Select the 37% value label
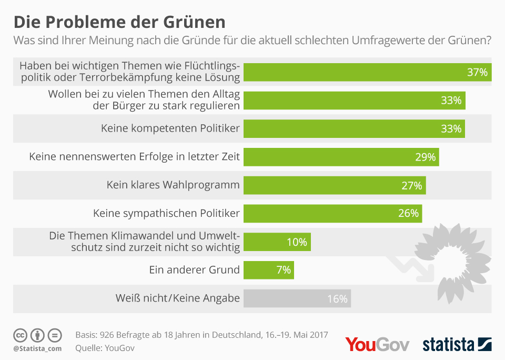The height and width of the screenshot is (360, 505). tap(477, 72)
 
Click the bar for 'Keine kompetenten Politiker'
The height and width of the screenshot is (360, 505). tap(353, 128)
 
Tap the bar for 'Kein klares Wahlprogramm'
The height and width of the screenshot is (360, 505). tap(334, 185)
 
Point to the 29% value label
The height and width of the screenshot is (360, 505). tap(425, 157)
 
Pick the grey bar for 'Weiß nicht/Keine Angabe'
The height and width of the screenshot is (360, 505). tap(297, 298)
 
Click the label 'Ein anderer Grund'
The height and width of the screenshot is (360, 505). tap(195, 270)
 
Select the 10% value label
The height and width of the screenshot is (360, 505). tap(297, 242)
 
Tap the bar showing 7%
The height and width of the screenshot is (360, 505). tap(268, 270)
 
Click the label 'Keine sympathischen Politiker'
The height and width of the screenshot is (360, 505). tap(166, 213)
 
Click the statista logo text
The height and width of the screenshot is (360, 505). tap(448, 345)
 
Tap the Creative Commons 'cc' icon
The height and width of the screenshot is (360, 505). tap(20, 335)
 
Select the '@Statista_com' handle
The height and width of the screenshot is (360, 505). tap(37, 348)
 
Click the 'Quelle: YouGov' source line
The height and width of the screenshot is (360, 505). tap(106, 347)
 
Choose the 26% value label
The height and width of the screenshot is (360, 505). tap(408, 213)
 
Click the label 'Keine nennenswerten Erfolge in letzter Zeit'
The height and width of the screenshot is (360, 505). tap(135, 157)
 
